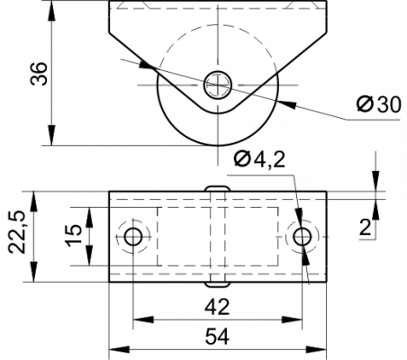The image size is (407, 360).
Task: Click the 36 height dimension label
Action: (x=40, y=74)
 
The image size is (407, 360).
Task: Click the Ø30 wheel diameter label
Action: (x=378, y=104)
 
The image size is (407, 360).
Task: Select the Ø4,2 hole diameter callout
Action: (x=259, y=159)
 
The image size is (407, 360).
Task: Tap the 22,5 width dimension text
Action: (x=16, y=232)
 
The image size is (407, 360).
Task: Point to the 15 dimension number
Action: (x=74, y=235)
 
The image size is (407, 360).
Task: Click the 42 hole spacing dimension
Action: (x=217, y=307)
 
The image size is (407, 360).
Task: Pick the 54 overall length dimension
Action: (x=217, y=337)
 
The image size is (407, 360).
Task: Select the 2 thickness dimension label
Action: (x=366, y=228)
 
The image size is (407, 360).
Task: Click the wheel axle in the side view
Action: (x=218, y=85)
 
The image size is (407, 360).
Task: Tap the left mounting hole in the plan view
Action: (x=133, y=237)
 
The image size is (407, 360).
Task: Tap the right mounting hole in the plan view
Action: (x=303, y=237)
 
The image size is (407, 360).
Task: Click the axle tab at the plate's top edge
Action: (x=218, y=188)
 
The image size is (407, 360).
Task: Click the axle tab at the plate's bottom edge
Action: (x=218, y=284)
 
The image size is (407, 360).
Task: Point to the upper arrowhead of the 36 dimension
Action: (x=52, y=11)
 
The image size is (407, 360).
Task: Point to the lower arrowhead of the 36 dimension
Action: (x=52, y=136)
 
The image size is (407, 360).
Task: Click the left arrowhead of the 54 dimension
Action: (x=119, y=349)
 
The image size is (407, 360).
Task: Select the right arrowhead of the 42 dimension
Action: (x=292, y=319)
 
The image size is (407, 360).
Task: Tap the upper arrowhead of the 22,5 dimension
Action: (x=33, y=202)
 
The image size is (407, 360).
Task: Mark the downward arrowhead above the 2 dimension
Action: (x=375, y=181)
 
